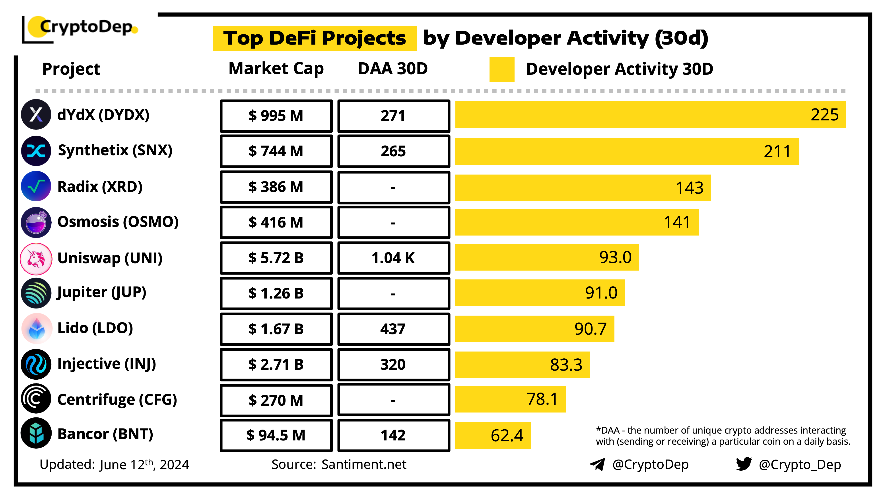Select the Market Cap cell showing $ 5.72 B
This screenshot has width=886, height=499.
point(276,257)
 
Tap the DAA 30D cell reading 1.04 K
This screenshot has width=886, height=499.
point(393,257)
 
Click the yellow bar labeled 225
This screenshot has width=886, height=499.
point(650,115)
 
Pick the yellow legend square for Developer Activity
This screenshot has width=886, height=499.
point(501,69)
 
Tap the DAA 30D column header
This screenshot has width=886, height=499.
point(392,69)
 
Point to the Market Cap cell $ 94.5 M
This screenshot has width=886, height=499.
point(276,435)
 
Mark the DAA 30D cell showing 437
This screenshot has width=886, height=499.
point(393,329)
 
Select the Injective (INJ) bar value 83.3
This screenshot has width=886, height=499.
point(566,365)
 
